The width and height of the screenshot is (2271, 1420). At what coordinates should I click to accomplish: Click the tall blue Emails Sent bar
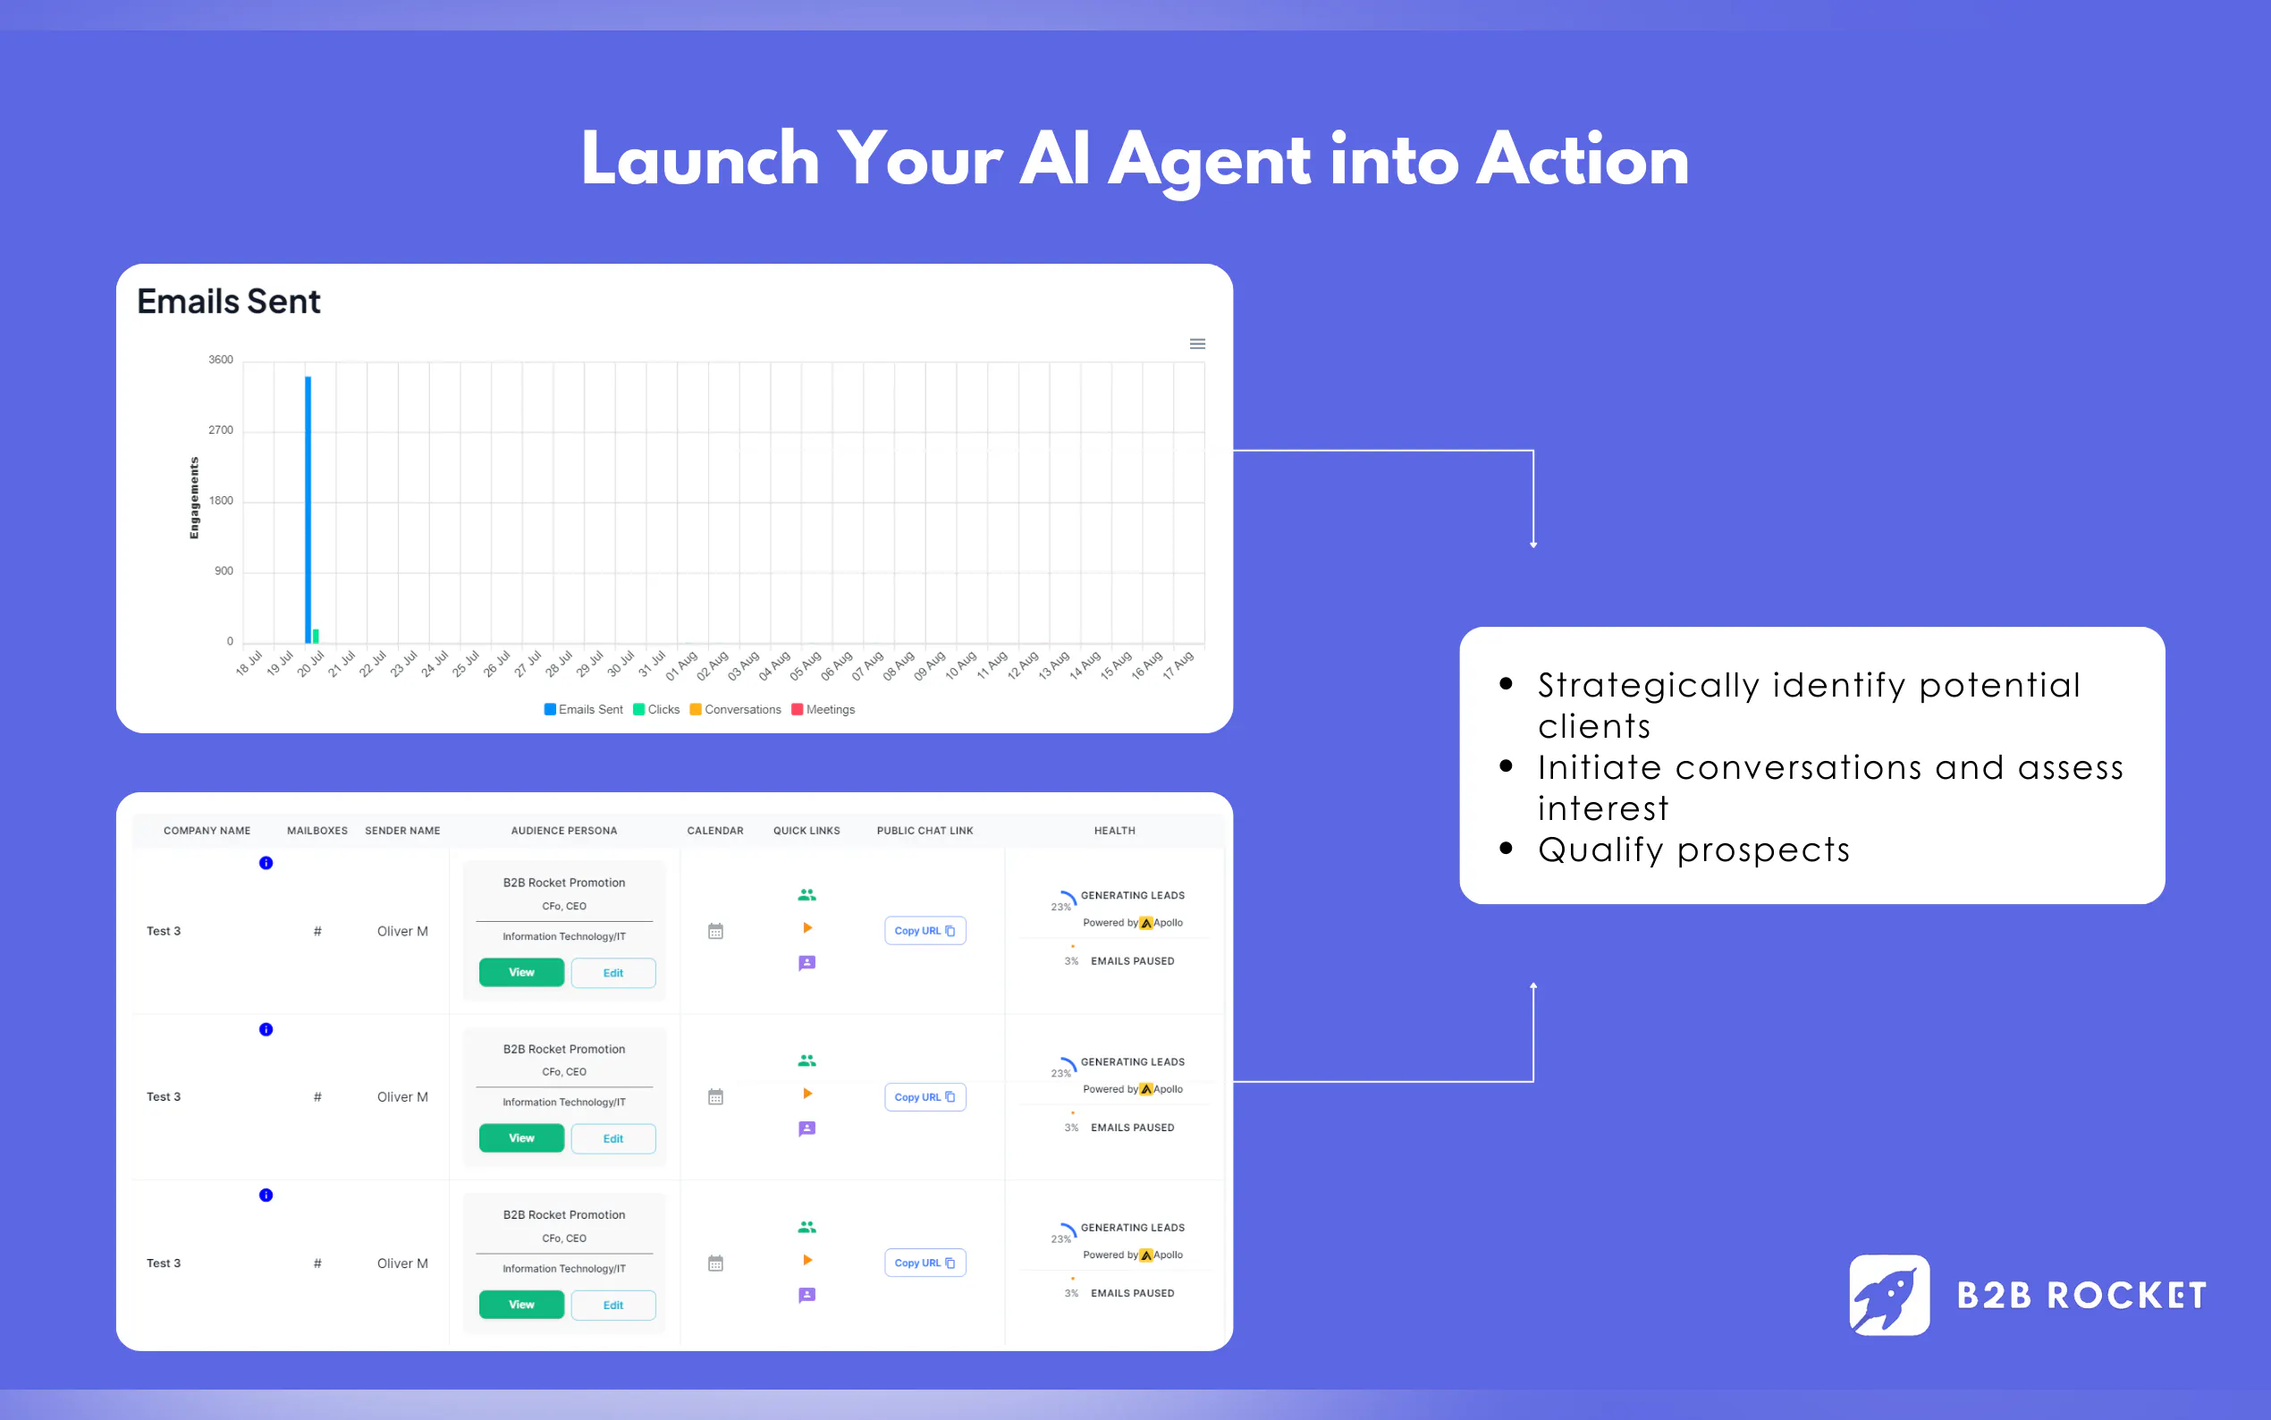(308, 510)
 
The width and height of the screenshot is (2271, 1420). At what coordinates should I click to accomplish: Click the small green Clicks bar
(316, 636)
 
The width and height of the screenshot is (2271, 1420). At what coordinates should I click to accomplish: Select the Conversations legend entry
(735, 710)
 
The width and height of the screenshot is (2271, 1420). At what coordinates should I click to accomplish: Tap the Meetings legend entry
(823, 710)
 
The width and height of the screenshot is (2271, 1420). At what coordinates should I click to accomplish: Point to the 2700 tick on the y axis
(221, 430)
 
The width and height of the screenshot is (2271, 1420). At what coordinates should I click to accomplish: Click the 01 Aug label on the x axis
(682, 665)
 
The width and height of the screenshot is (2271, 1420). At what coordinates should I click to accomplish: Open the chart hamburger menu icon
(1197, 343)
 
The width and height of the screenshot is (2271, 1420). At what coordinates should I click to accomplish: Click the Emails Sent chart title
(229, 301)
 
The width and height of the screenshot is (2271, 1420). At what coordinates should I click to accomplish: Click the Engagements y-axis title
(194, 498)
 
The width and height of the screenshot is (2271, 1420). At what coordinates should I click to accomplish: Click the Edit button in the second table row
(613, 1138)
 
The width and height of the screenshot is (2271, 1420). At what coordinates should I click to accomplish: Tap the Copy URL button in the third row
(924, 1264)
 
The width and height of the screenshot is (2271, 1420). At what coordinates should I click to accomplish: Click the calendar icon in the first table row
(715, 931)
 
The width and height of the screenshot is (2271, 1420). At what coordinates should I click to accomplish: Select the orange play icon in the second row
(807, 1094)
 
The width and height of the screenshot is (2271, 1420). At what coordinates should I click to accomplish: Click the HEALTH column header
(1114, 831)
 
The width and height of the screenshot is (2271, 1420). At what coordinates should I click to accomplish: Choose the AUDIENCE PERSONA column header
(564, 831)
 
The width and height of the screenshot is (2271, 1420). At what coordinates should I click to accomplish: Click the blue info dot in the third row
(266, 1196)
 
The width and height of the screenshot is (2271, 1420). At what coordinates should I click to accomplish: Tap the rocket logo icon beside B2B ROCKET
(1889, 1295)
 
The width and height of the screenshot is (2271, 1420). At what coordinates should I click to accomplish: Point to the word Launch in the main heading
(700, 160)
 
